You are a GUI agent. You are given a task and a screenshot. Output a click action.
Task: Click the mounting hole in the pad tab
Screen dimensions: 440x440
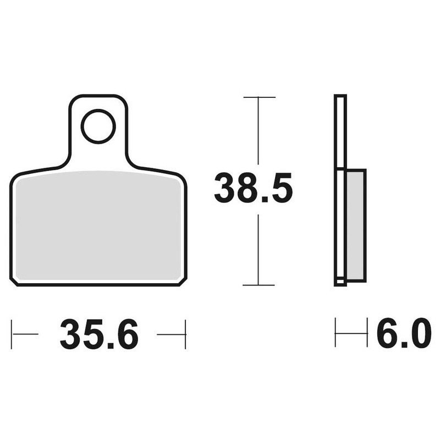coord(98,126)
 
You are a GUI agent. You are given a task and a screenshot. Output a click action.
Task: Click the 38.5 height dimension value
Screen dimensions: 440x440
coord(253,188)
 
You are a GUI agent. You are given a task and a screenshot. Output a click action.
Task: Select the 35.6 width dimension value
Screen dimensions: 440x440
coord(99,334)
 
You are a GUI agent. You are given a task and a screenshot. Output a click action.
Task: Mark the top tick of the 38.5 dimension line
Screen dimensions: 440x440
coord(258,97)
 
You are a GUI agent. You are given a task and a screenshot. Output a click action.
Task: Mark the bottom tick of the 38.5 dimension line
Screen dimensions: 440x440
coord(258,285)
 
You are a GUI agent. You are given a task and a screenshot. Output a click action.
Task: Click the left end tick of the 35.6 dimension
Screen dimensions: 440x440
coord(12,334)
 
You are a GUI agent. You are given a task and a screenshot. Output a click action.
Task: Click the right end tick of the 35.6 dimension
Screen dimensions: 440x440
coord(185,334)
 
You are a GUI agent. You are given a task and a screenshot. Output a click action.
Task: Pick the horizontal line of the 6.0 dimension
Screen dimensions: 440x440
coord(351,333)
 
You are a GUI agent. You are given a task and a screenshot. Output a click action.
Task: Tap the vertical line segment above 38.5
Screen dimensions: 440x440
coord(258,132)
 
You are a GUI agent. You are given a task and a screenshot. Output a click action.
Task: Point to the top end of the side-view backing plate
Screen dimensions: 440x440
coord(340,97)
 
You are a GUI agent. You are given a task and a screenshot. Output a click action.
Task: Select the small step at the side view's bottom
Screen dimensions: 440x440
coord(340,282)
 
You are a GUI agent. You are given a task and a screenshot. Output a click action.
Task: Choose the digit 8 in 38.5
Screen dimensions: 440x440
coord(253,188)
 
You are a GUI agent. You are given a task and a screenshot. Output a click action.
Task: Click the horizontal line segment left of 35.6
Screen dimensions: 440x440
coord(25,334)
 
